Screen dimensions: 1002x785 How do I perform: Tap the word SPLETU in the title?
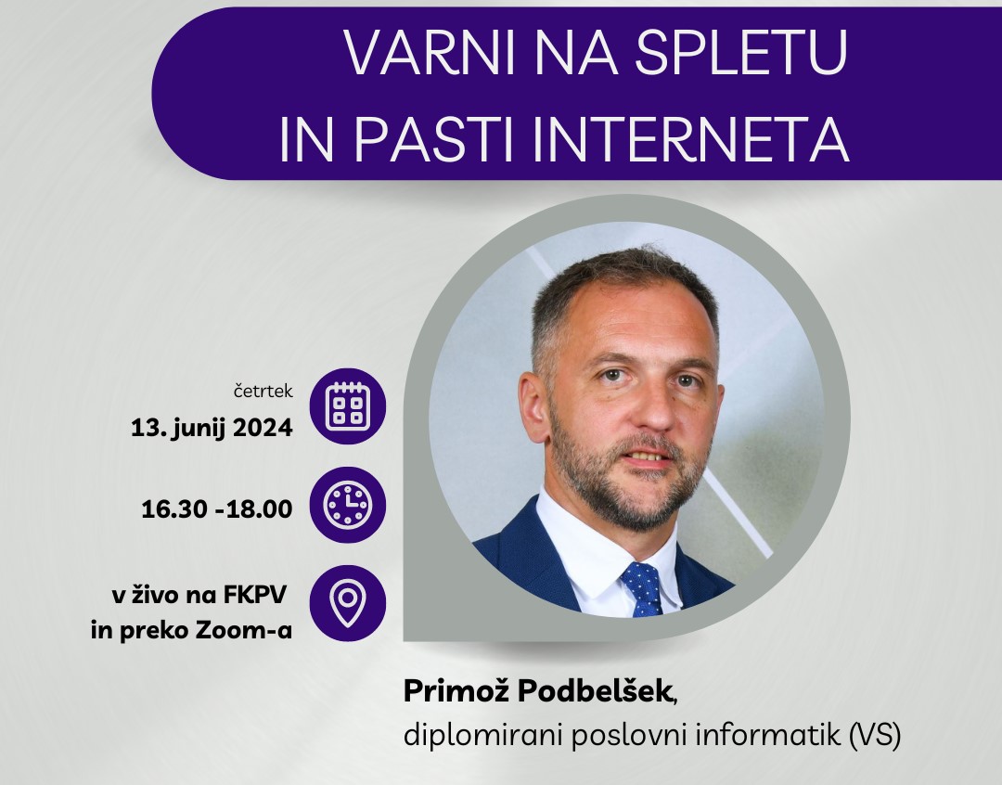point(740,52)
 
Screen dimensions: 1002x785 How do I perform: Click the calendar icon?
point(348,405)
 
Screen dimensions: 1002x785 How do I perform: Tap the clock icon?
point(348,505)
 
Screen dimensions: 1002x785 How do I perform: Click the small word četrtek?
point(263,391)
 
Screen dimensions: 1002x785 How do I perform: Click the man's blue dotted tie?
point(644,588)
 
